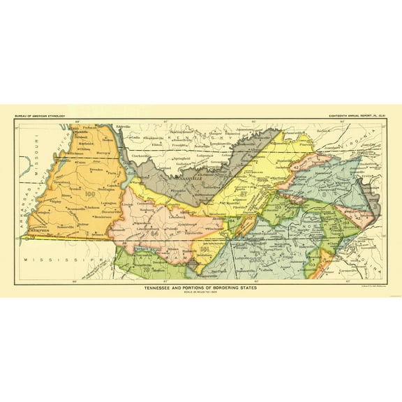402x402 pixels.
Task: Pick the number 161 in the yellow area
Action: [204, 249]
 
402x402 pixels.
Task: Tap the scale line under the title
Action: [201, 294]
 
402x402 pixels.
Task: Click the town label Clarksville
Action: [141, 156]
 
